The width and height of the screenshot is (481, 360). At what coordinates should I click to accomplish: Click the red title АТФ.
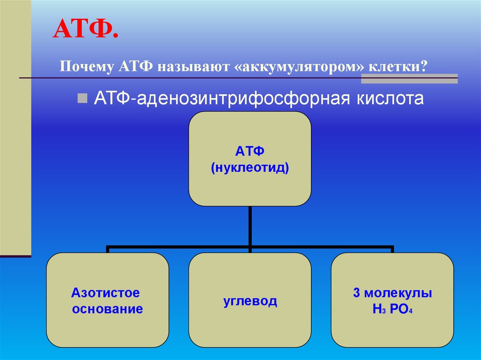tap(85, 30)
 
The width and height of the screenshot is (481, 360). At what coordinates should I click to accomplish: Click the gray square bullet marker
tap(82, 98)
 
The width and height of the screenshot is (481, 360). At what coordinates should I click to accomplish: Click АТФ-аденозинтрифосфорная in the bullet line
tap(216, 99)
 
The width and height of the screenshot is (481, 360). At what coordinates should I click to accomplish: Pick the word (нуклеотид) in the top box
tap(249, 167)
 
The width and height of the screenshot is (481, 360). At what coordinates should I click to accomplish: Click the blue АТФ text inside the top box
tap(249, 152)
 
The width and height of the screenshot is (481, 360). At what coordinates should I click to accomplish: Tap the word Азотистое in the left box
tap(106, 293)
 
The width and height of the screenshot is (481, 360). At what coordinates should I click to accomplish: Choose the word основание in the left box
tap(108, 310)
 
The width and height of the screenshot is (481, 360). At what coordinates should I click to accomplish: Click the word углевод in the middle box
tap(250, 301)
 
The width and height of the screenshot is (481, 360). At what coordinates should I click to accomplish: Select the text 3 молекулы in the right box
tap(392, 293)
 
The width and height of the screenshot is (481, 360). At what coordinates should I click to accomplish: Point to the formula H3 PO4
tap(392, 310)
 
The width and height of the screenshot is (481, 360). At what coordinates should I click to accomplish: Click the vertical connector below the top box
tap(250, 225)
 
